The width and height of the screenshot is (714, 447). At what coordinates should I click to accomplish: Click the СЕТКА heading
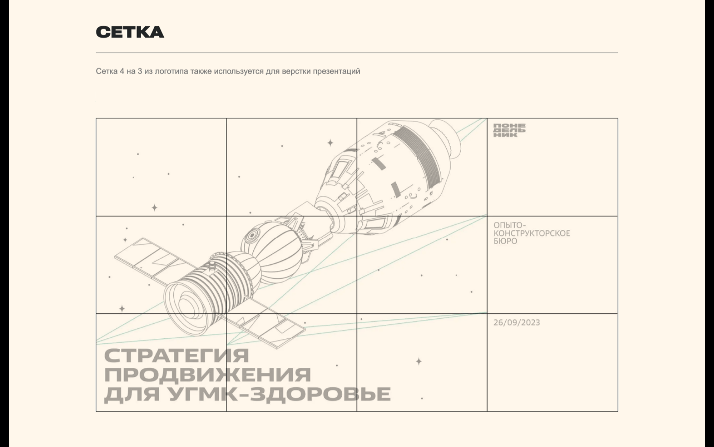pyautogui.click(x=130, y=32)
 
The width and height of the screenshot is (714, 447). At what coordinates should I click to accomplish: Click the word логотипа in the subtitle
pyautogui.click(x=171, y=71)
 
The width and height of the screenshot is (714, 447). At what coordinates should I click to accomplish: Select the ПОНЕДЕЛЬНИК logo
pyautogui.click(x=509, y=131)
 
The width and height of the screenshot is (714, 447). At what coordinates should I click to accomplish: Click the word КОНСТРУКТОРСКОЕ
pyautogui.click(x=531, y=233)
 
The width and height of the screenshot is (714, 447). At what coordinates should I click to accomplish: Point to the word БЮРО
pyautogui.click(x=505, y=241)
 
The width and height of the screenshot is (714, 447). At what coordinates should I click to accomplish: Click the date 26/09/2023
pyautogui.click(x=517, y=322)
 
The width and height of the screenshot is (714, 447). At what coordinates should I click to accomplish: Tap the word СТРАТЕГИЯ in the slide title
pyautogui.click(x=177, y=356)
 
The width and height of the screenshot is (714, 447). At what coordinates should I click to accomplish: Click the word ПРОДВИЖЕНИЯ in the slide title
pyautogui.click(x=207, y=374)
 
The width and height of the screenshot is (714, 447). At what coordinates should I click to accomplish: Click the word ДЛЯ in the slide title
pyautogui.click(x=132, y=394)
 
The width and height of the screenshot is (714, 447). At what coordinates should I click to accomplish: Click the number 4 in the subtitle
pyautogui.click(x=122, y=71)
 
